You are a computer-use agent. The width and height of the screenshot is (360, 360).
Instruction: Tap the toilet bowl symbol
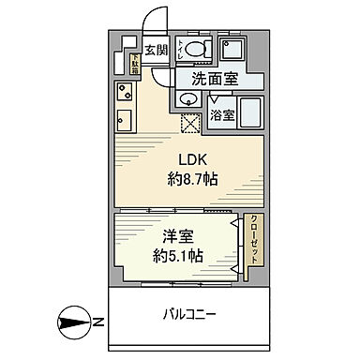[196, 50]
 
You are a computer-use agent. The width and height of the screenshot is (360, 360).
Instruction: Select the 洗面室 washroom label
[214, 79]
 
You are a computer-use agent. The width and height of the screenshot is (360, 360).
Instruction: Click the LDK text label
[192, 159]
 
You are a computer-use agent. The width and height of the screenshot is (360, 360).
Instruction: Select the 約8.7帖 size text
[193, 179]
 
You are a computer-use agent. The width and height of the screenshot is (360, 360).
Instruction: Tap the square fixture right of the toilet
[231, 49]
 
